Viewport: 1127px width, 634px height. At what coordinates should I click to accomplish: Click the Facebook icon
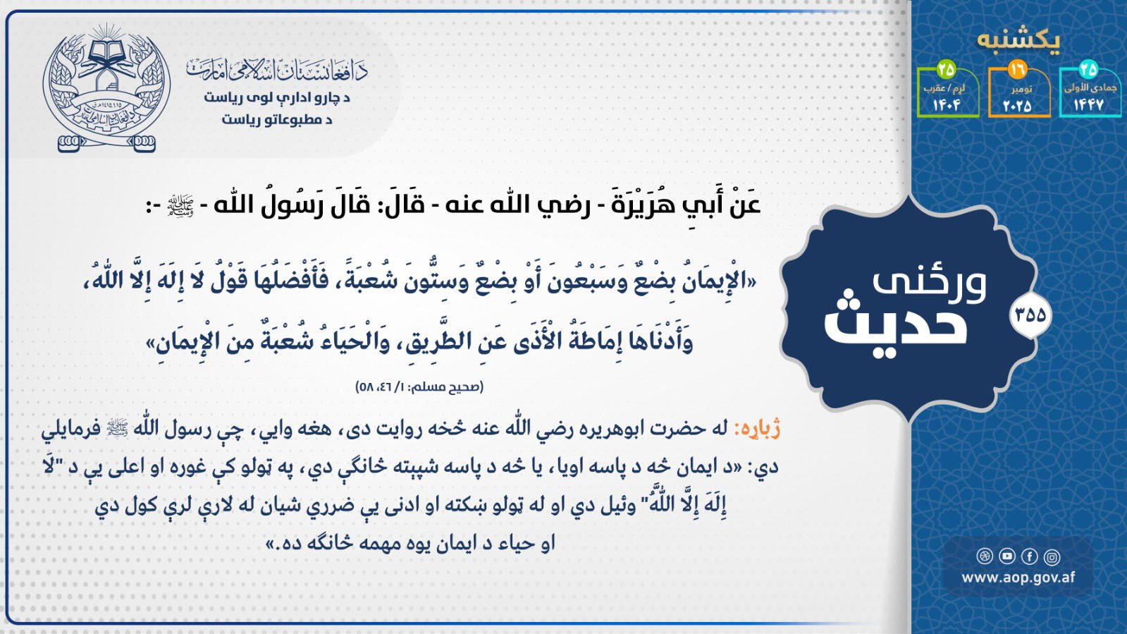tap(1030, 556)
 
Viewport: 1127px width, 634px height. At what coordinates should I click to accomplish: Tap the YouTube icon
tap(1007, 556)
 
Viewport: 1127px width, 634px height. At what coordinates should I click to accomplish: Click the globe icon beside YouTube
tap(985, 556)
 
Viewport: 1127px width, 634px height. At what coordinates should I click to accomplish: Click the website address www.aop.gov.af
tap(1018, 577)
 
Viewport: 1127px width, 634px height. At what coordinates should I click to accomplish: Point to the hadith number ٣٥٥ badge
tap(1030, 315)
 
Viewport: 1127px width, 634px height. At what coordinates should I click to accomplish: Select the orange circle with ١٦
tap(1017, 70)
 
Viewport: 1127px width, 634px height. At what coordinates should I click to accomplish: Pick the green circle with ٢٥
tap(947, 70)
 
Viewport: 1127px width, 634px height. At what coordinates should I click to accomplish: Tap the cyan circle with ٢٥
tap(1088, 70)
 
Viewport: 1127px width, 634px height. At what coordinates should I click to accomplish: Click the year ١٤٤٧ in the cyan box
tap(1089, 105)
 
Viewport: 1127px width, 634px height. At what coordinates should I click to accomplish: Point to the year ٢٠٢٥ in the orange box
tap(1017, 106)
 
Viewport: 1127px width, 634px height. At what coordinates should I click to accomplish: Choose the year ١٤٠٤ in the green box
tap(947, 105)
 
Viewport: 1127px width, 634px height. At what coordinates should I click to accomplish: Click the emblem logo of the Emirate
tap(106, 88)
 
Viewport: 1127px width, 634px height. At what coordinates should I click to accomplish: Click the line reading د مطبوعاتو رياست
tap(277, 120)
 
